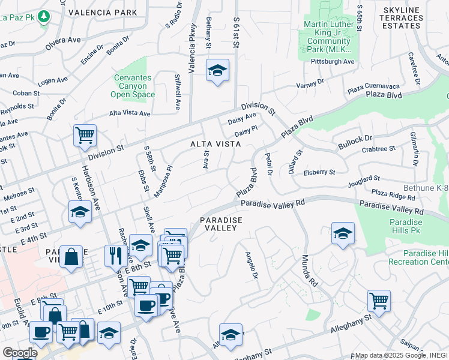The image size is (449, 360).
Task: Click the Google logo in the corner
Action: click(x=19, y=353)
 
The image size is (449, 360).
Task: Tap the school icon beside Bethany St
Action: click(x=217, y=71)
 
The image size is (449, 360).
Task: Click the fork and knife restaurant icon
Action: click(x=115, y=255)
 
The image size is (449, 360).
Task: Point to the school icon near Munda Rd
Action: click(x=343, y=233)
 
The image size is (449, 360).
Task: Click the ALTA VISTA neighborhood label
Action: click(x=215, y=144)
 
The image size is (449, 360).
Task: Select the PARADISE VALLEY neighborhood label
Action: click(x=221, y=224)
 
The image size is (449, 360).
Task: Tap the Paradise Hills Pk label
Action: click(x=411, y=227)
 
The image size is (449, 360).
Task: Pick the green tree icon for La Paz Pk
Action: click(x=43, y=17)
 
